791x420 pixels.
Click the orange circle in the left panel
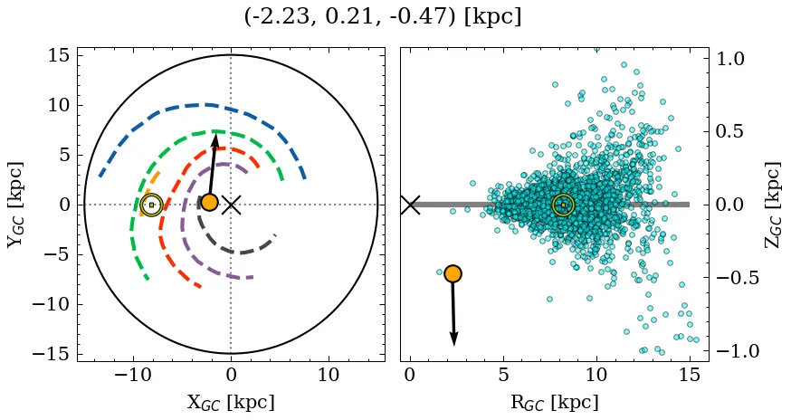tap(209, 202)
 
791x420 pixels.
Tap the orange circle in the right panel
tap(453, 273)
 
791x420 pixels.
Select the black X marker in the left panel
tap(231, 205)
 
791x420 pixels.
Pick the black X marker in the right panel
tap(410, 205)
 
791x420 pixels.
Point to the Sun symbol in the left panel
tap(151, 205)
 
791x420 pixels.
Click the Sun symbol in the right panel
tap(563, 205)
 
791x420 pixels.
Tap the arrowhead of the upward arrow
tap(215, 139)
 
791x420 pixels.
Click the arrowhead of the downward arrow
tap(453, 339)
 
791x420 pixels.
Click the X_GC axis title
tap(231, 402)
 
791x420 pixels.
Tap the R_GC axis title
tap(555, 402)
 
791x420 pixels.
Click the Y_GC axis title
tap(15, 205)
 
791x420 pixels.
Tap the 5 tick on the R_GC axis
tap(503, 376)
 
